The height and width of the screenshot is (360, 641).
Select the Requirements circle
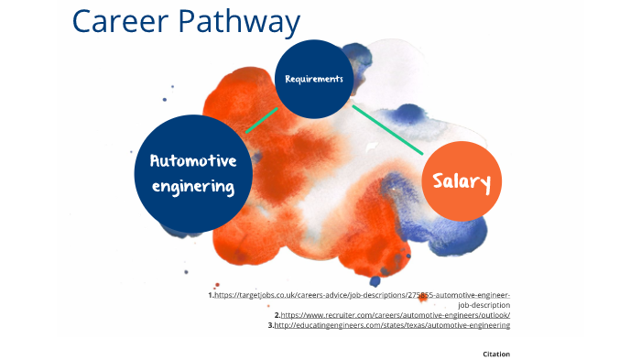(x=314, y=79)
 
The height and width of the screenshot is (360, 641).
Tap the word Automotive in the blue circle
(x=192, y=161)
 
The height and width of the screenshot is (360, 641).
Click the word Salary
(x=462, y=181)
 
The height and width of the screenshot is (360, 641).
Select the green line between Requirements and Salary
(x=387, y=129)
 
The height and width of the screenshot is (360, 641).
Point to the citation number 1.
(x=210, y=296)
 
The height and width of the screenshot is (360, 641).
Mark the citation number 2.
(x=276, y=315)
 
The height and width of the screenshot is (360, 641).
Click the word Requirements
(x=314, y=80)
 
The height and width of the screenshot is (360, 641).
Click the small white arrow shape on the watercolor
(x=370, y=146)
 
